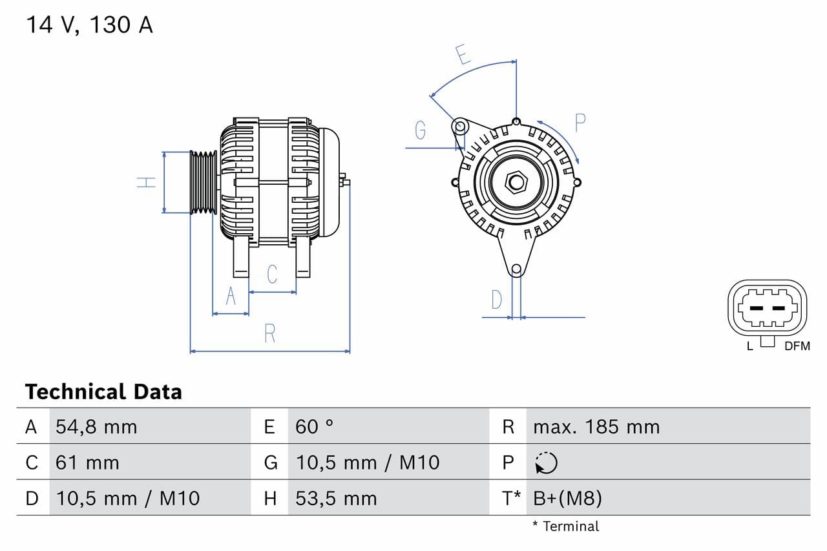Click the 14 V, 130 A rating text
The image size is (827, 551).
pos(89,25)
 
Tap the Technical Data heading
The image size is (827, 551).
pos(103,391)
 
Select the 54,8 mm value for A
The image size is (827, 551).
pos(96,426)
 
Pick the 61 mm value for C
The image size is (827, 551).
pos(87,463)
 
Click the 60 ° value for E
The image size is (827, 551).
pos(314,426)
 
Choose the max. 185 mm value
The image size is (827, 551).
pos(596,426)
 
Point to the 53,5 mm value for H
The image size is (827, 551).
pos(335,498)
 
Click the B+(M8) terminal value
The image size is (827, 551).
pos(567,498)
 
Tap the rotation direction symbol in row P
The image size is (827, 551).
pos(546,463)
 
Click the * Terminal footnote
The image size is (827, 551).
pos(565,526)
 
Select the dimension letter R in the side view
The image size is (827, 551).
pos(270,333)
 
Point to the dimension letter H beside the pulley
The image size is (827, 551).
pos(147,182)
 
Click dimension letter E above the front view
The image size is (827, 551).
pos(463,55)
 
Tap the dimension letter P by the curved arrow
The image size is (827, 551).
pos(580,123)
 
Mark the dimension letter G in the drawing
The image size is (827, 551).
pos(421,130)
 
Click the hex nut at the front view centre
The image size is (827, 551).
pos(516,182)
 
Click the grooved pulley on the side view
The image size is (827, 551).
pos(204,182)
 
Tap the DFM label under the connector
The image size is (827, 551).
pos(797,346)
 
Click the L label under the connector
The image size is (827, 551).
pos(749,346)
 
